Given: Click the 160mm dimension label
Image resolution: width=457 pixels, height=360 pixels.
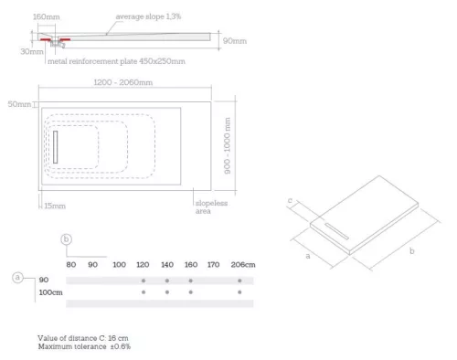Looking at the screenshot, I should tap(46, 17).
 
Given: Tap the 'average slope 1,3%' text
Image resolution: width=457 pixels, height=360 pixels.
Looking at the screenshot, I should tap(149, 17).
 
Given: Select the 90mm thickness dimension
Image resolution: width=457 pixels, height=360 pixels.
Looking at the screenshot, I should tap(234, 40).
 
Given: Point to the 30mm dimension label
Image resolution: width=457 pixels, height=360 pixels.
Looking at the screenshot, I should tap(31, 51).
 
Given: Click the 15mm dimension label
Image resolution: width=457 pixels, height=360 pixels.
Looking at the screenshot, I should tap(56, 206).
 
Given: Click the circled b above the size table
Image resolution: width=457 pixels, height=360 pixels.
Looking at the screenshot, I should tap(66, 240).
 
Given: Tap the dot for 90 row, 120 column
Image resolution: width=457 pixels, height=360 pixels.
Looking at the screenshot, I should tap(143, 279).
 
